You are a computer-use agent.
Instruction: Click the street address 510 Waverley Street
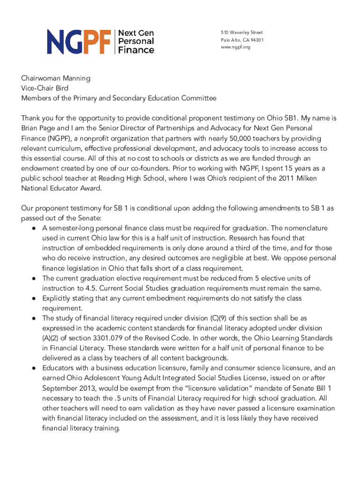click(x=242, y=33)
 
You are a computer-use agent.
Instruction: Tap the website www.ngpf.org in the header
click(x=236, y=48)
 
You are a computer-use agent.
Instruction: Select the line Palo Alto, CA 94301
click(x=242, y=40)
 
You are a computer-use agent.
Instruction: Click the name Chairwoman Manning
click(x=56, y=78)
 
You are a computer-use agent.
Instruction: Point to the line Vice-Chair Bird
click(x=44, y=88)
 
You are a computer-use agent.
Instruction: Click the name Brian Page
click(x=39, y=128)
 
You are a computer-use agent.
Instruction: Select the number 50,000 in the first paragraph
click(x=245, y=138)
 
